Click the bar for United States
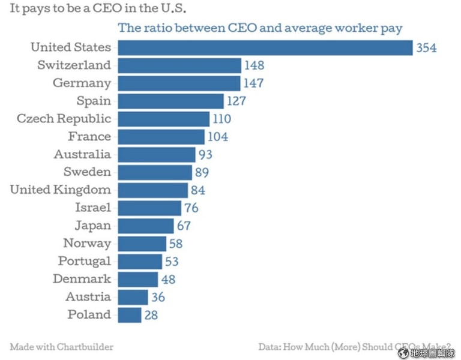pyautogui.click(x=265, y=47)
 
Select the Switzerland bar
pyautogui.click(x=179, y=65)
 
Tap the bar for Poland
pyautogui.click(x=130, y=314)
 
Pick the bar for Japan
pyautogui.click(x=146, y=226)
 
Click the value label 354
pyautogui.click(x=426, y=48)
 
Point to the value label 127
pyautogui.click(x=236, y=101)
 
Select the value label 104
pyautogui.click(x=218, y=137)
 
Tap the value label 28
pyautogui.click(x=151, y=314)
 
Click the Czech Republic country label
pyautogui.click(x=64, y=119)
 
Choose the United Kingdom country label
pyautogui.click(x=61, y=190)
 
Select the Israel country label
pyautogui.click(x=93, y=208)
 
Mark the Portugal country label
pyautogui.click(x=85, y=261)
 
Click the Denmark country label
pyautogui.click(x=82, y=279)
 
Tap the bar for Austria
pyautogui.click(x=133, y=297)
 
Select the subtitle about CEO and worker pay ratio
pyautogui.click(x=260, y=28)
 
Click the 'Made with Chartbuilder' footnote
pyautogui.click(x=62, y=347)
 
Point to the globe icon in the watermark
pyautogui.click(x=403, y=353)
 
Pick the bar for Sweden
pyautogui.click(x=155, y=172)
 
